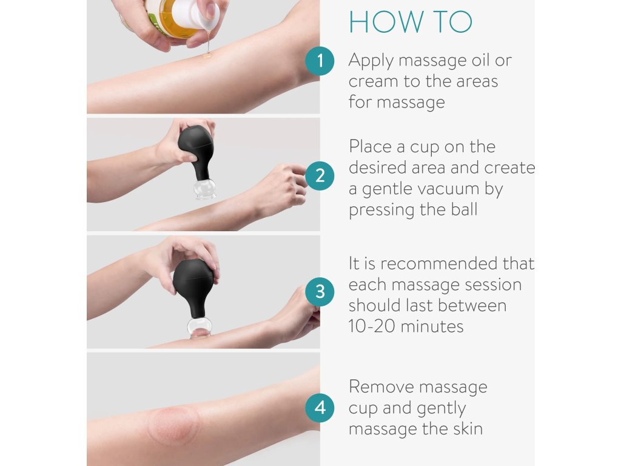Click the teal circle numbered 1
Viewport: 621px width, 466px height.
(x=320, y=61)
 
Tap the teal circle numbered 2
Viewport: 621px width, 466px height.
(x=320, y=175)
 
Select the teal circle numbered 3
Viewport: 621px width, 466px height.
(x=320, y=292)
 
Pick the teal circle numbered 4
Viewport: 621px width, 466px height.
(x=320, y=407)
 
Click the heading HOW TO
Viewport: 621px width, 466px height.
(x=411, y=22)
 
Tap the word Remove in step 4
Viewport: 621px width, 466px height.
(x=381, y=387)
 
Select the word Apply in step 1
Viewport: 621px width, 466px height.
(x=371, y=61)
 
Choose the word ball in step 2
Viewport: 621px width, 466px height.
(x=464, y=209)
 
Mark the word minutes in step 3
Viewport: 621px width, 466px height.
(x=432, y=326)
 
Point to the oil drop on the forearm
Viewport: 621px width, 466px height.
(x=207, y=55)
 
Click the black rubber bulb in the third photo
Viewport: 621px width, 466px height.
(x=194, y=287)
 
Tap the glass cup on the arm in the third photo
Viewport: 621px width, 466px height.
(x=200, y=327)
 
